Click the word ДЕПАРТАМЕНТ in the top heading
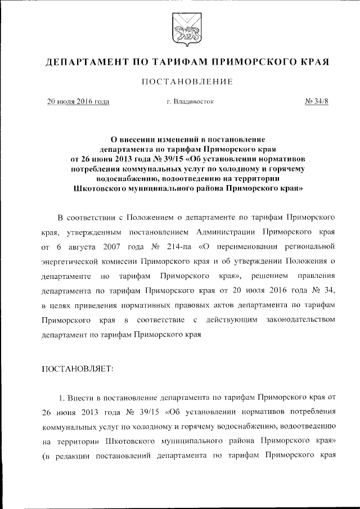pyautogui.click(x=85, y=61)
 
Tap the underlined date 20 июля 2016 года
pyautogui.click(x=78, y=102)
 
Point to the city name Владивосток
pyautogui.click(x=193, y=102)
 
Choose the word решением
pyautogui.click(x=270, y=276)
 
